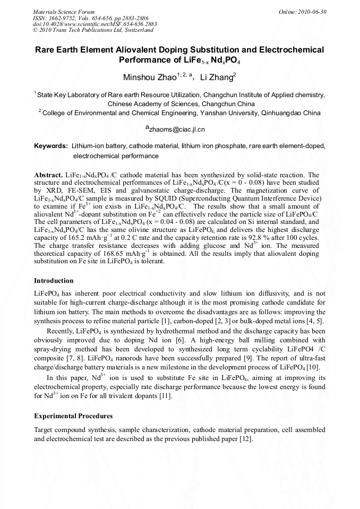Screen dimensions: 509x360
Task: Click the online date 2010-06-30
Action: [x=312, y=12]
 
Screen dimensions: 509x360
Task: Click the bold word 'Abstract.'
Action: [x=48, y=175]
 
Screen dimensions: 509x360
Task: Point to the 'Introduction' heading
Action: [x=54, y=281]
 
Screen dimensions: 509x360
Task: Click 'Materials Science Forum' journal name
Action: [x=64, y=12]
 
